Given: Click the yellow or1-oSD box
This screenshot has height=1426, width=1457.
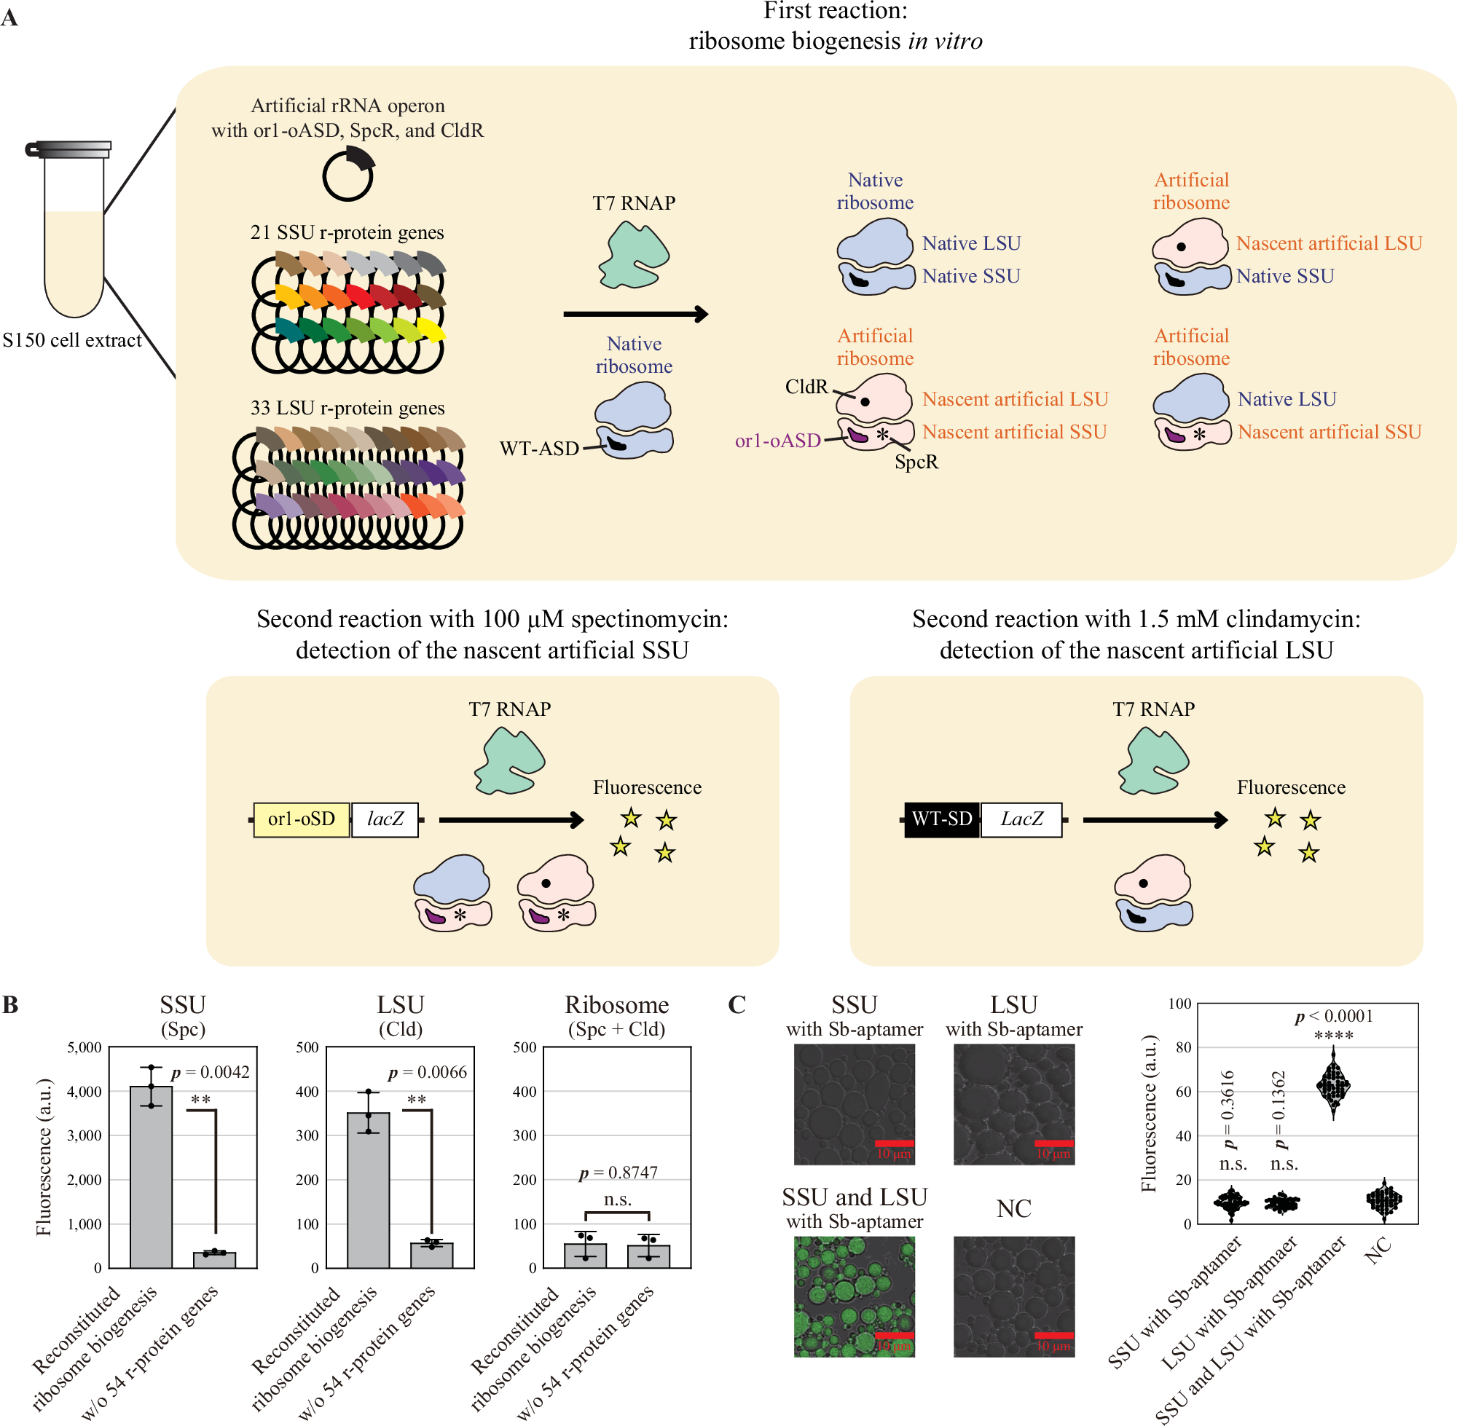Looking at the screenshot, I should tap(301, 819).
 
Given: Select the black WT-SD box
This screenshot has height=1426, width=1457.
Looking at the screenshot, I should tap(941, 819).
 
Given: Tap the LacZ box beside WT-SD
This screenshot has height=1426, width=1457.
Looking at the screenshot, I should tap(1021, 819).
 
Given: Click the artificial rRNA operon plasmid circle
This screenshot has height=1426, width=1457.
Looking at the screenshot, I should tap(347, 176).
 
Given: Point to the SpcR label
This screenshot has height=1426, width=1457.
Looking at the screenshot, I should tap(916, 462).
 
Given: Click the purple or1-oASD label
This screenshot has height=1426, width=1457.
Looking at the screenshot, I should tap(777, 441).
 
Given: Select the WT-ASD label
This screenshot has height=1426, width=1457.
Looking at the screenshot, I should tap(538, 449).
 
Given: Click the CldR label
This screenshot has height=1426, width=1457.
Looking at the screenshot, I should tap(806, 387).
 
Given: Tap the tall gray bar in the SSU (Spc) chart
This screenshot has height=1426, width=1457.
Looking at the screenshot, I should tap(152, 1180).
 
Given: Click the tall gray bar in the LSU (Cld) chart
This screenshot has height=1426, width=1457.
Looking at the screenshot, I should tap(368, 1191).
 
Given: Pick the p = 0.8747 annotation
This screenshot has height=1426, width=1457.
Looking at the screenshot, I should tap(617, 1172).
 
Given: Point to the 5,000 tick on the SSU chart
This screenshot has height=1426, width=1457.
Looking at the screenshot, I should tap(85, 1047).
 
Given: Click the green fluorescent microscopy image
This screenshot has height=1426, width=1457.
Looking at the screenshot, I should tap(854, 1296).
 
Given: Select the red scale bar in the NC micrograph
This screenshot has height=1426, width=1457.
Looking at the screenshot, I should tap(1053, 1336).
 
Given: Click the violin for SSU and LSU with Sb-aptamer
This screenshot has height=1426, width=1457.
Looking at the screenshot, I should tap(1332, 1084).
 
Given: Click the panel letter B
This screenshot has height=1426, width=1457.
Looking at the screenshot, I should tap(10, 1005).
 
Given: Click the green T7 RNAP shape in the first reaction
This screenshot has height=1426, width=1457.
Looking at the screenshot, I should tap(634, 256).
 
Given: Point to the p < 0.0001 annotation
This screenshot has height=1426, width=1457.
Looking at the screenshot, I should tap(1334, 1016).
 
